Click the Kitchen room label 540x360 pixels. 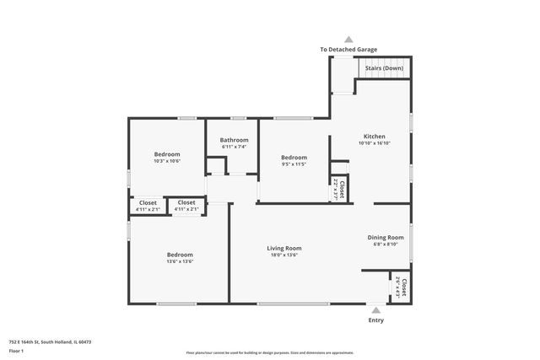point(374,136)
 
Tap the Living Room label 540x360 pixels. point(284,248)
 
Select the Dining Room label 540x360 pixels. point(386,238)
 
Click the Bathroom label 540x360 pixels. point(235,140)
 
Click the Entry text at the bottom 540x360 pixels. point(375,320)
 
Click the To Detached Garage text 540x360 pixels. point(348,50)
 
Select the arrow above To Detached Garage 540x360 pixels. point(348,39)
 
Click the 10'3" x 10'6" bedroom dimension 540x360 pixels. point(166,160)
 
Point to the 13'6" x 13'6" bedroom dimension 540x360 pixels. point(179,261)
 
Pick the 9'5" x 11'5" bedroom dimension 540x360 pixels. point(294,164)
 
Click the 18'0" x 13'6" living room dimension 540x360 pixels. point(284,255)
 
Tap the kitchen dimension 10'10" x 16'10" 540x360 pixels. point(374,142)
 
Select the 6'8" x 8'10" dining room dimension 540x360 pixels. point(386,245)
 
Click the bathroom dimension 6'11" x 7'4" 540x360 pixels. point(235,147)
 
